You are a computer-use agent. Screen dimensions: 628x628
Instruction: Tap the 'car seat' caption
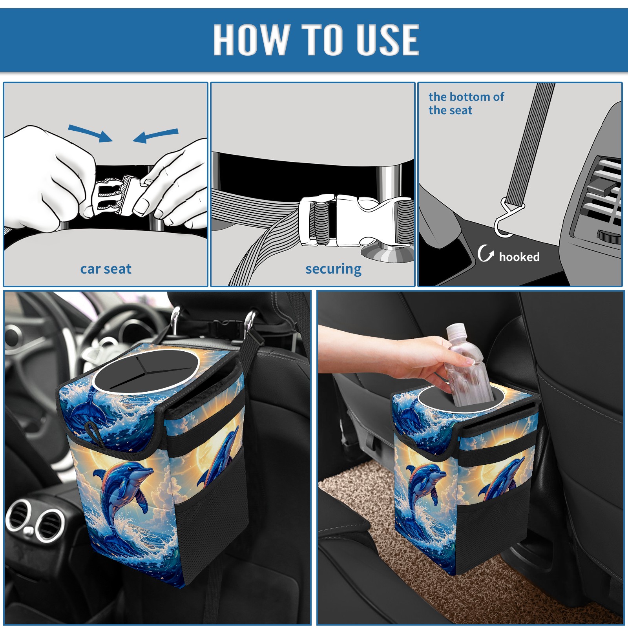(x=106, y=269)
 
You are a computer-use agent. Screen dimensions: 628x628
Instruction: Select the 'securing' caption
(x=333, y=269)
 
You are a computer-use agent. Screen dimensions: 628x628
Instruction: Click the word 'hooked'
(x=519, y=257)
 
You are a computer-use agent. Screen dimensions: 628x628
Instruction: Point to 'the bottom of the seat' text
(x=466, y=103)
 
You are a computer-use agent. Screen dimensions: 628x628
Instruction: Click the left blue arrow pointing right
(x=90, y=133)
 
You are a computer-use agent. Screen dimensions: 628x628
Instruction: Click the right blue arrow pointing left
(x=156, y=135)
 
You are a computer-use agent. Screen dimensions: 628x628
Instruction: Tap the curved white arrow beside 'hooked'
(x=485, y=253)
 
